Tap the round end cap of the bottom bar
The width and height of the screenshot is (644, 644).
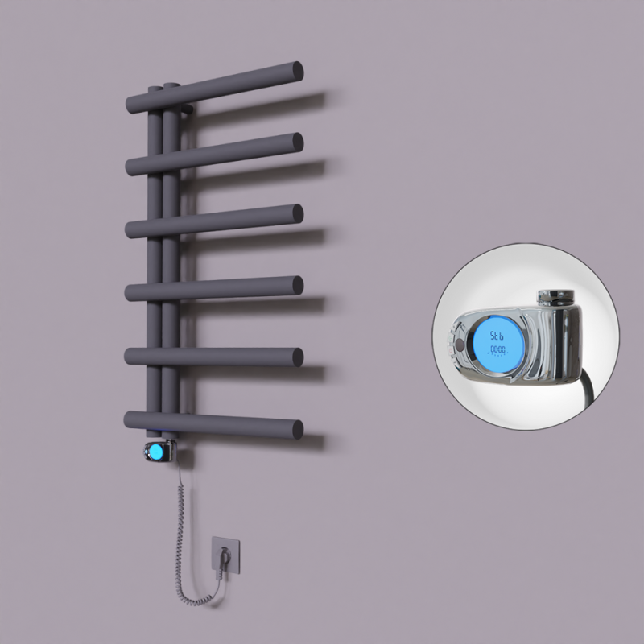coord(297,427)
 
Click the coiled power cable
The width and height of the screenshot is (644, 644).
coord(179,523)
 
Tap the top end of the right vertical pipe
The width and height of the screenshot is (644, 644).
coord(171,84)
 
